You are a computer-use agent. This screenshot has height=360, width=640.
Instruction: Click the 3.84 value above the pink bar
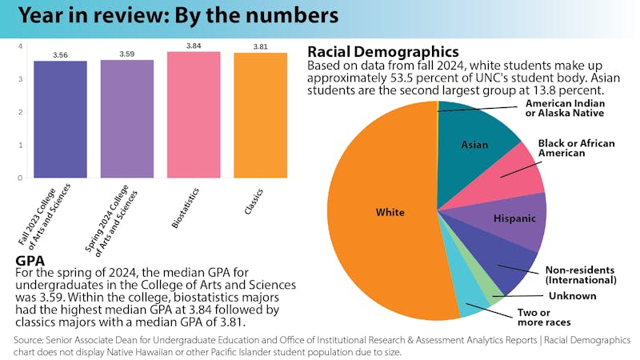tap(194, 46)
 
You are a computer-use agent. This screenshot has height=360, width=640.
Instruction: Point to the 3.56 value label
tap(60, 55)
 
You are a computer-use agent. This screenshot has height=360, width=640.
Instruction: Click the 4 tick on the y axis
tap(20, 46)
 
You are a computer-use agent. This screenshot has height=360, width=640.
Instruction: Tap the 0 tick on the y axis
tap(20, 178)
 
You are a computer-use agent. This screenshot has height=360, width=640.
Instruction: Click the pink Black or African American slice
tap(516, 176)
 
